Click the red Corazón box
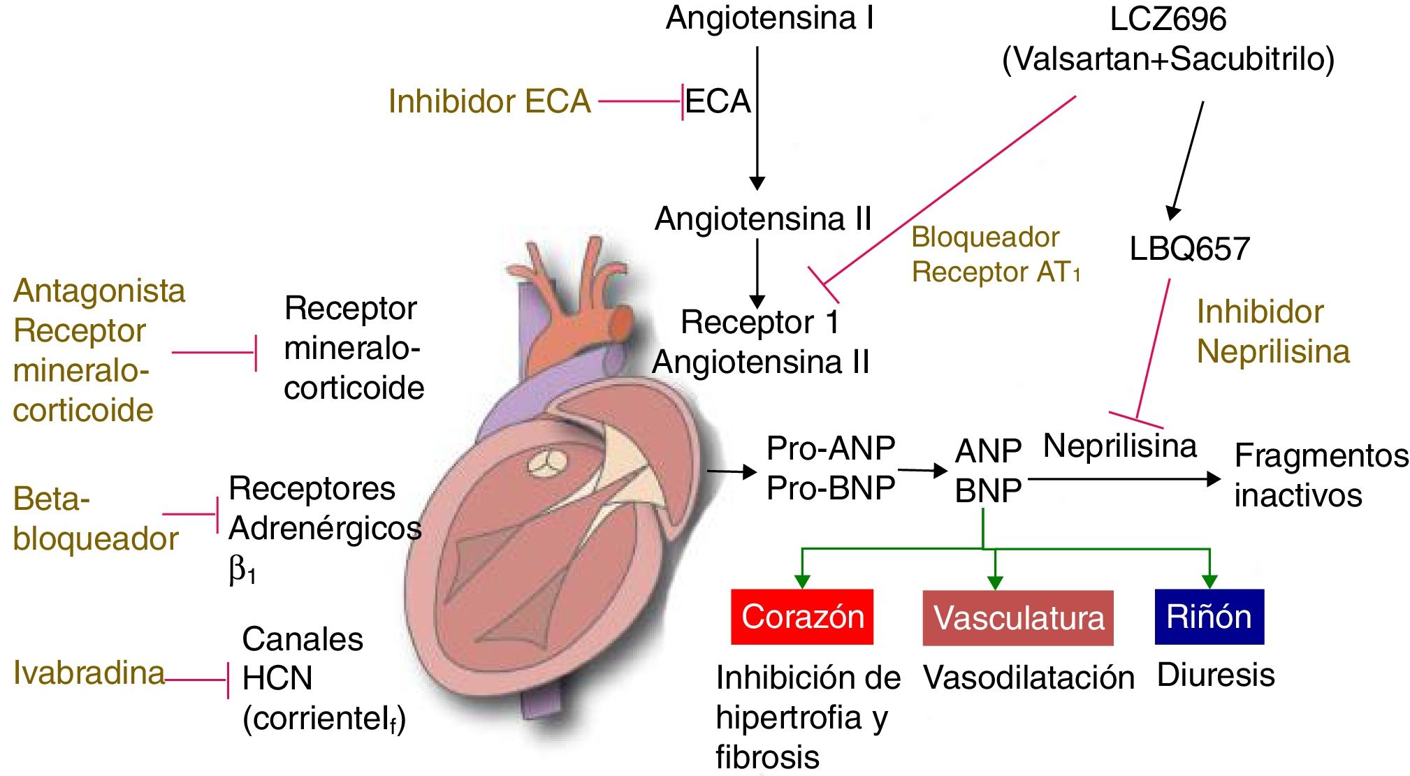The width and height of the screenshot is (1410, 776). click(x=802, y=617)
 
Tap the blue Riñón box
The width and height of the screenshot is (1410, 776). click(x=1209, y=617)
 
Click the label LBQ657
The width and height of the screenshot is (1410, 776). click(x=1189, y=249)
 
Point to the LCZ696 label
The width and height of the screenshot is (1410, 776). click(x=1168, y=19)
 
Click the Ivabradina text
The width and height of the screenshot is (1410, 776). click(x=89, y=673)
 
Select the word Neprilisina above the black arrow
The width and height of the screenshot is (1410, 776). click(x=1119, y=446)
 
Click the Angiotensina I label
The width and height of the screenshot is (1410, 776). click(x=769, y=17)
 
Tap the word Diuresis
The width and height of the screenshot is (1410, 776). click(x=1216, y=675)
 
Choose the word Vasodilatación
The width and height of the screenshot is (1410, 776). click(x=1029, y=678)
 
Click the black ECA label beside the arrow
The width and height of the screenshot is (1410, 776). click(x=718, y=101)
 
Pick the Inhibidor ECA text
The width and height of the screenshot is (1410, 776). click(x=489, y=101)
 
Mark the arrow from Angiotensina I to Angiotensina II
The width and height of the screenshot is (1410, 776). click(x=757, y=119)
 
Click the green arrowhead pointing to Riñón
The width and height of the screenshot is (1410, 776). click(x=1209, y=580)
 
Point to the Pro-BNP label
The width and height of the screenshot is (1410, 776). click(x=830, y=488)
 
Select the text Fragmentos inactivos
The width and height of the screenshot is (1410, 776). click(x=1321, y=475)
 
